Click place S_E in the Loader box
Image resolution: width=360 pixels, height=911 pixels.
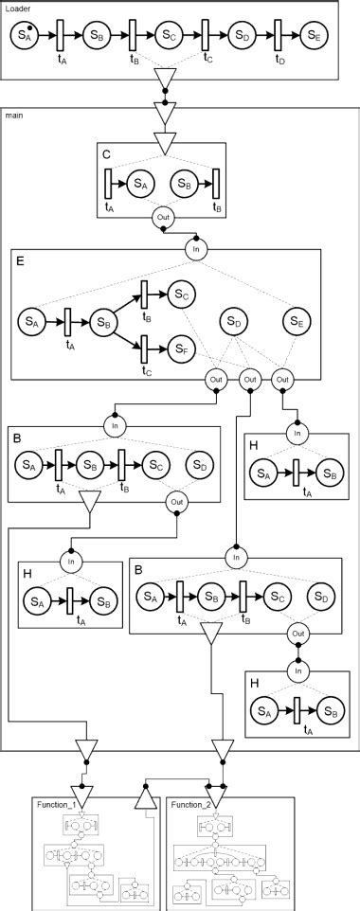tap(315, 36)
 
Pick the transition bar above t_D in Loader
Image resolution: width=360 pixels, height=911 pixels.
tap(279, 36)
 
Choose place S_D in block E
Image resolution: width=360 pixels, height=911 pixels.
tap(237, 323)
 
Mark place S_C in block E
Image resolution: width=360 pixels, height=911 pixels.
tap(182, 295)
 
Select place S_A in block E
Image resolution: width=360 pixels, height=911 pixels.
tap(31, 323)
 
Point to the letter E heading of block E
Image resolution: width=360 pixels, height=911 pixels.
tap(20, 260)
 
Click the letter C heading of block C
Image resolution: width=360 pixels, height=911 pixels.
tap(107, 153)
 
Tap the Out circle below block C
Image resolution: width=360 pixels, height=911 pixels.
tap(162, 219)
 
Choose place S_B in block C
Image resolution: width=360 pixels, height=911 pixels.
tap(182, 183)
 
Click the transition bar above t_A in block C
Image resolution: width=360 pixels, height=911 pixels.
tap(109, 183)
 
